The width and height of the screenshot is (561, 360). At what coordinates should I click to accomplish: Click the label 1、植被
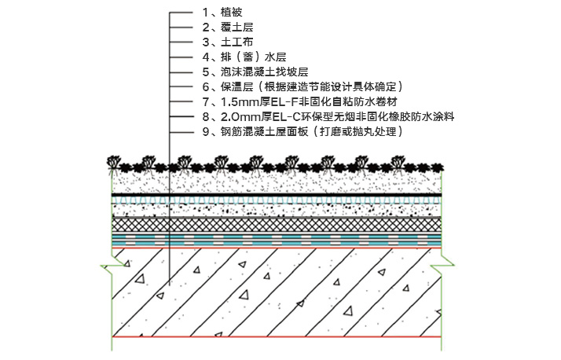coord(222,13)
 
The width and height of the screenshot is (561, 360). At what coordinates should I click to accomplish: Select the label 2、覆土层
coord(228,28)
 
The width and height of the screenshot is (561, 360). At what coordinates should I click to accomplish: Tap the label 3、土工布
coord(228,42)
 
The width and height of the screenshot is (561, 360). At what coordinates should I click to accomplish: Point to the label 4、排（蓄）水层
coord(244,57)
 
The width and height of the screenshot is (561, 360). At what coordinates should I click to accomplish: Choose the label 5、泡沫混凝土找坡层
coord(255,72)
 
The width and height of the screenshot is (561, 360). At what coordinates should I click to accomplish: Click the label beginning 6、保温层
coord(302,87)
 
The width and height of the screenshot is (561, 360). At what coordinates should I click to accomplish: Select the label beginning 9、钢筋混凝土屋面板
coord(302,132)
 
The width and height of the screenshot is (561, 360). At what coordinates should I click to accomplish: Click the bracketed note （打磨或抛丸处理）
coord(357,132)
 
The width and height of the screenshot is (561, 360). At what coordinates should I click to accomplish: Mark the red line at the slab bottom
coord(277,336)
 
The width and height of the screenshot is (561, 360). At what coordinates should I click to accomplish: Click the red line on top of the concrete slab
coord(277,248)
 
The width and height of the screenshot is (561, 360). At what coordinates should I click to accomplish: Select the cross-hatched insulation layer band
coord(277,225)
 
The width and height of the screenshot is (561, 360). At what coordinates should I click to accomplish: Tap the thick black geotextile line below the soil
coord(277,195)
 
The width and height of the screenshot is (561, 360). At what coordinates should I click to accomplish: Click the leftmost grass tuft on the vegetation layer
coord(114,162)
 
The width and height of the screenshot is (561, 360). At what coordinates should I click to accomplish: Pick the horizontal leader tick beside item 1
coord(181,13)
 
